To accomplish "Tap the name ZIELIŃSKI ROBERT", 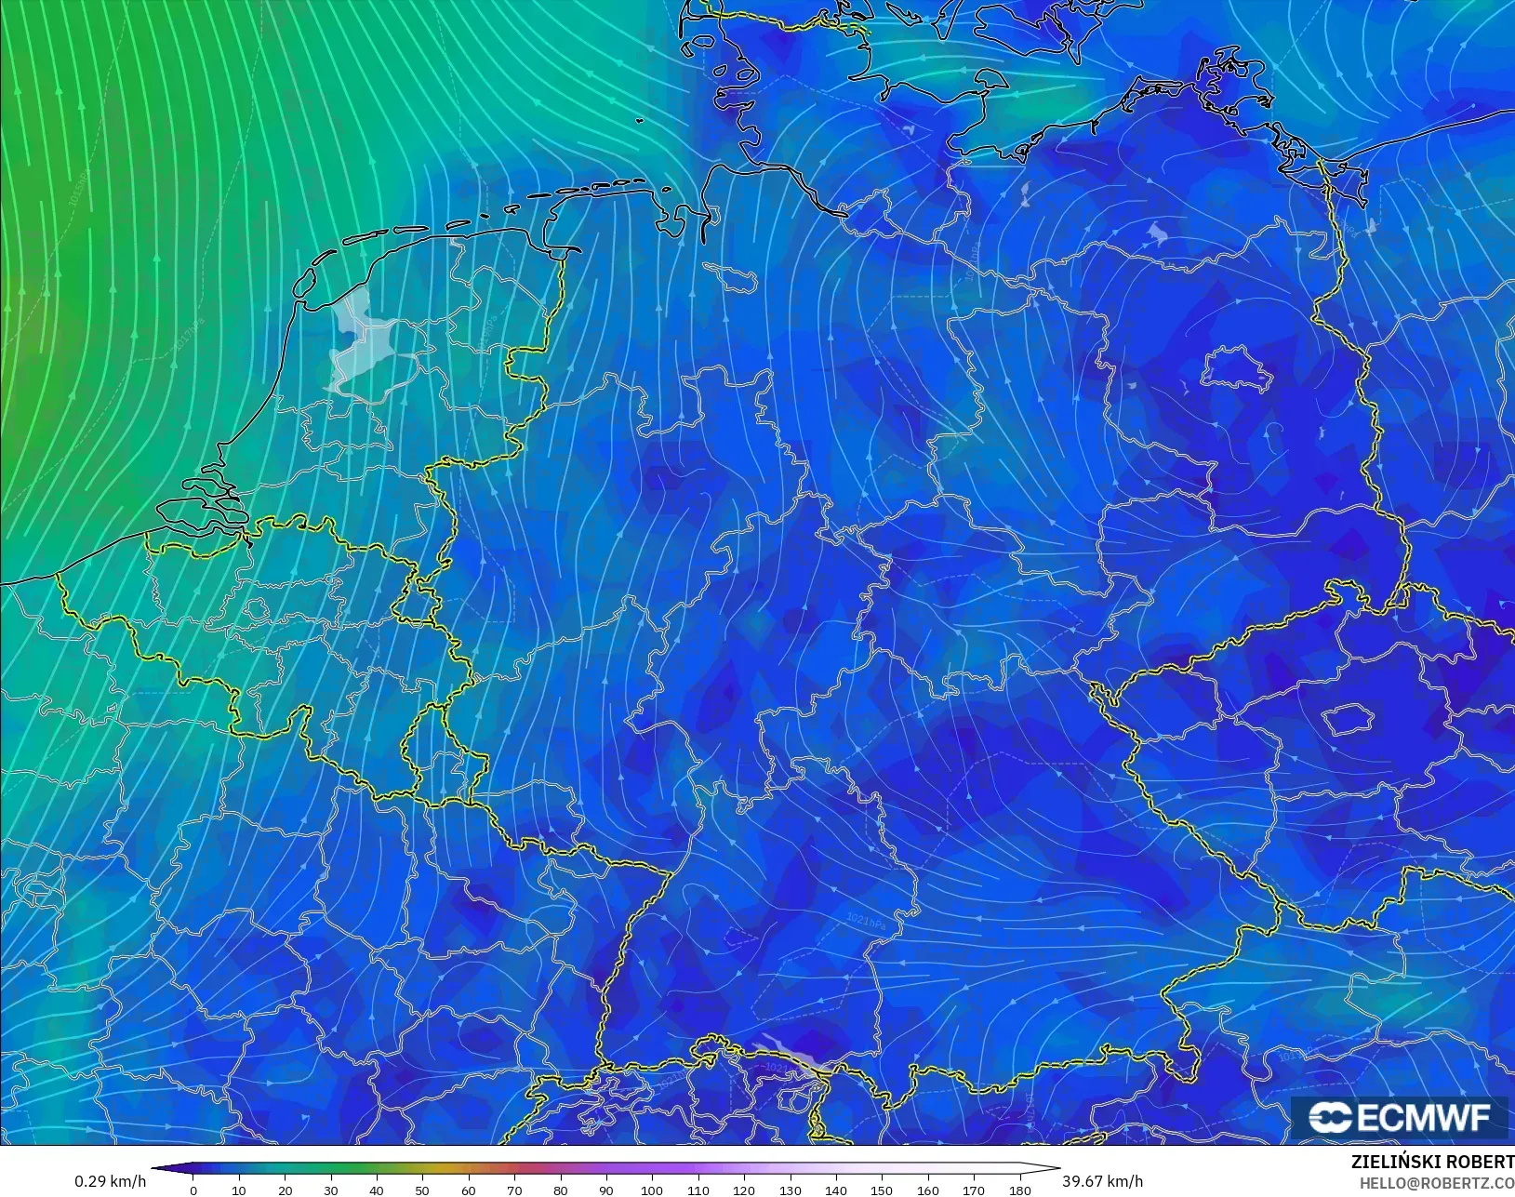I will pyautogui.click(x=1432, y=1162).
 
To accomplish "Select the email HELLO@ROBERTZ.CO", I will pyautogui.click(x=1437, y=1183).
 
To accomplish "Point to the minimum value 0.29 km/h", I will pyautogui.click(x=111, y=1181).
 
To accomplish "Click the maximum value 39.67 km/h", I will pyautogui.click(x=1102, y=1181).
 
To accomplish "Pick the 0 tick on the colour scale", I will pyautogui.click(x=193, y=1190).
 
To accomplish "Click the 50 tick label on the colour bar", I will pyautogui.click(x=422, y=1190).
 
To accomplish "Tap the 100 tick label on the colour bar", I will pyautogui.click(x=652, y=1190).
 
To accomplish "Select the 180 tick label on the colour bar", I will pyautogui.click(x=1019, y=1190).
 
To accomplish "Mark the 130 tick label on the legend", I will pyautogui.click(x=790, y=1190).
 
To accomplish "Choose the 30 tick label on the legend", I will pyautogui.click(x=331, y=1190).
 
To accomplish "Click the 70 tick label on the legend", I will pyautogui.click(x=514, y=1190).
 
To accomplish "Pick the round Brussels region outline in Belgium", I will pyautogui.click(x=256, y=610).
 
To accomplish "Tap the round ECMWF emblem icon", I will pyautogui.click(x=1330, y=1117).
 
